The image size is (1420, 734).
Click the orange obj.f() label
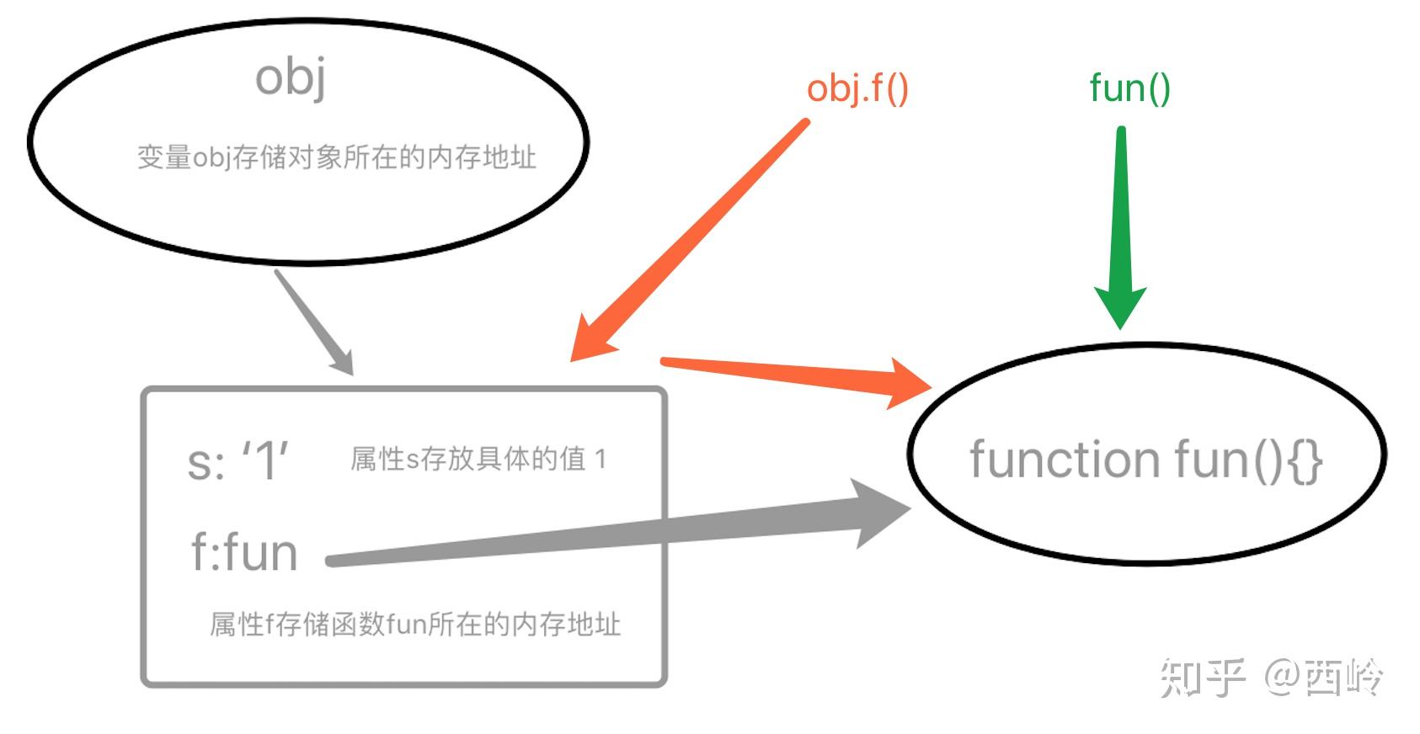click(857, 88)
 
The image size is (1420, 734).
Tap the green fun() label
click(1129, 88)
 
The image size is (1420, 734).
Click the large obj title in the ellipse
click(291, 77)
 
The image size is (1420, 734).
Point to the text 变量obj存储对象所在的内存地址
click(336, 157)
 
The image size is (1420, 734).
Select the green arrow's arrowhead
click(1121, 306)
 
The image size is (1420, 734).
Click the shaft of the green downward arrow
click(1121, 210)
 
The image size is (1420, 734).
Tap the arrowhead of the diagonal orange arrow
click(592, 339)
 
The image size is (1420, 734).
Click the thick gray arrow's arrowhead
click(877, 513)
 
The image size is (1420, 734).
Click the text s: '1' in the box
click(238, 461)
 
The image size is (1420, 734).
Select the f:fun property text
click(244, 553)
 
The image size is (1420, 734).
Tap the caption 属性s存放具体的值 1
click(478, 459)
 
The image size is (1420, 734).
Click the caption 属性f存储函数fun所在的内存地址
click(414, 624)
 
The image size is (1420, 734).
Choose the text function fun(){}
click(1145, 460)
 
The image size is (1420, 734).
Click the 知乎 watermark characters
click(1202, 678)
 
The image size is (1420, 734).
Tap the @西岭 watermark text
click(1324, 678)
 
